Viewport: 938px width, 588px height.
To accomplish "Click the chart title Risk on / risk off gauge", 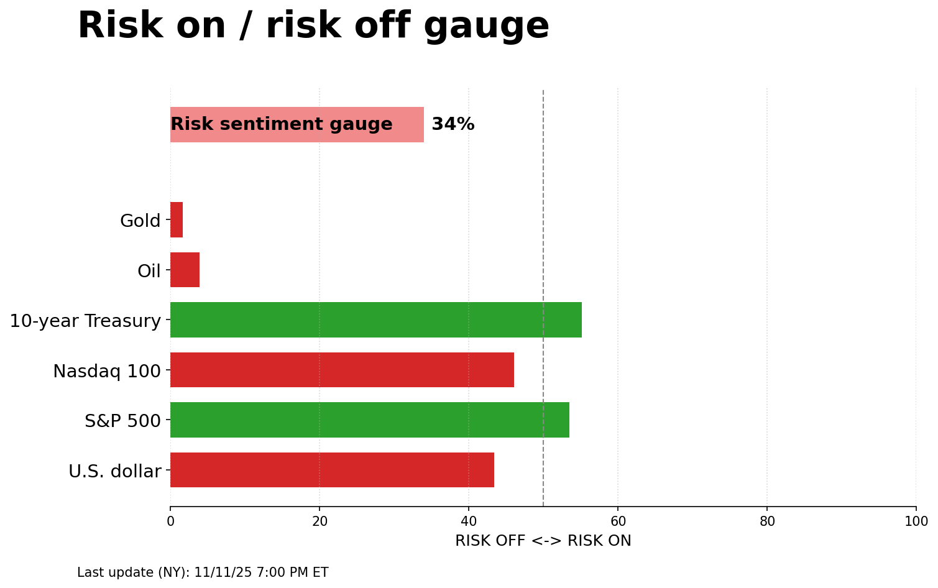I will [x=313, y=26].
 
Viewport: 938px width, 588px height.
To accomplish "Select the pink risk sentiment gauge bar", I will [x=297, y=124].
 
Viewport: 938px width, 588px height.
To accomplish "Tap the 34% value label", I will [x=453, y=124].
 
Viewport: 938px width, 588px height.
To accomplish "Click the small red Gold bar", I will [x=177, y=220].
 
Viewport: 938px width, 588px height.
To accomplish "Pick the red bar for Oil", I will [x=185, y=270].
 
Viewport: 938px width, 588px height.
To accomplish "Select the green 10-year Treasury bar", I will [x=375, y=320].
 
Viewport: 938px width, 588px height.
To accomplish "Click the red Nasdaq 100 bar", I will [x=342, y=370].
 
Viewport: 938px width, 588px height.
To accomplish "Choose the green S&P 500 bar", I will [x=369, y=420].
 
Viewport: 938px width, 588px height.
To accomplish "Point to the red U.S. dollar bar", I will [x=332, y=470].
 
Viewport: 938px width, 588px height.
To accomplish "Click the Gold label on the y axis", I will [x=140, y=221].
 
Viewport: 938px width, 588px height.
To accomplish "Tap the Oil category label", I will [x=149, y=271].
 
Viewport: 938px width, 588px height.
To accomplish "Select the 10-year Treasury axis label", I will [x=85, y=321].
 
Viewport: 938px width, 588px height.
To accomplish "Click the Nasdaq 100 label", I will [x=106, y=371].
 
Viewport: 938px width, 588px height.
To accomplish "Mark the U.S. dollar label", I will [x=114, y=471].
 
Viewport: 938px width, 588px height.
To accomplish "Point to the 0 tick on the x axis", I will [x=170, y=521].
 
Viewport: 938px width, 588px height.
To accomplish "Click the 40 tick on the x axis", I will [x=469, y=521].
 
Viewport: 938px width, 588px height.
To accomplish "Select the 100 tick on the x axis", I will [x=916, y=521].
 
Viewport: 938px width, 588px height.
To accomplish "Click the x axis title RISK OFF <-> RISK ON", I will [x=543, y=541].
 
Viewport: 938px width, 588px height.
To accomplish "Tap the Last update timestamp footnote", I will [x=203, y=572].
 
